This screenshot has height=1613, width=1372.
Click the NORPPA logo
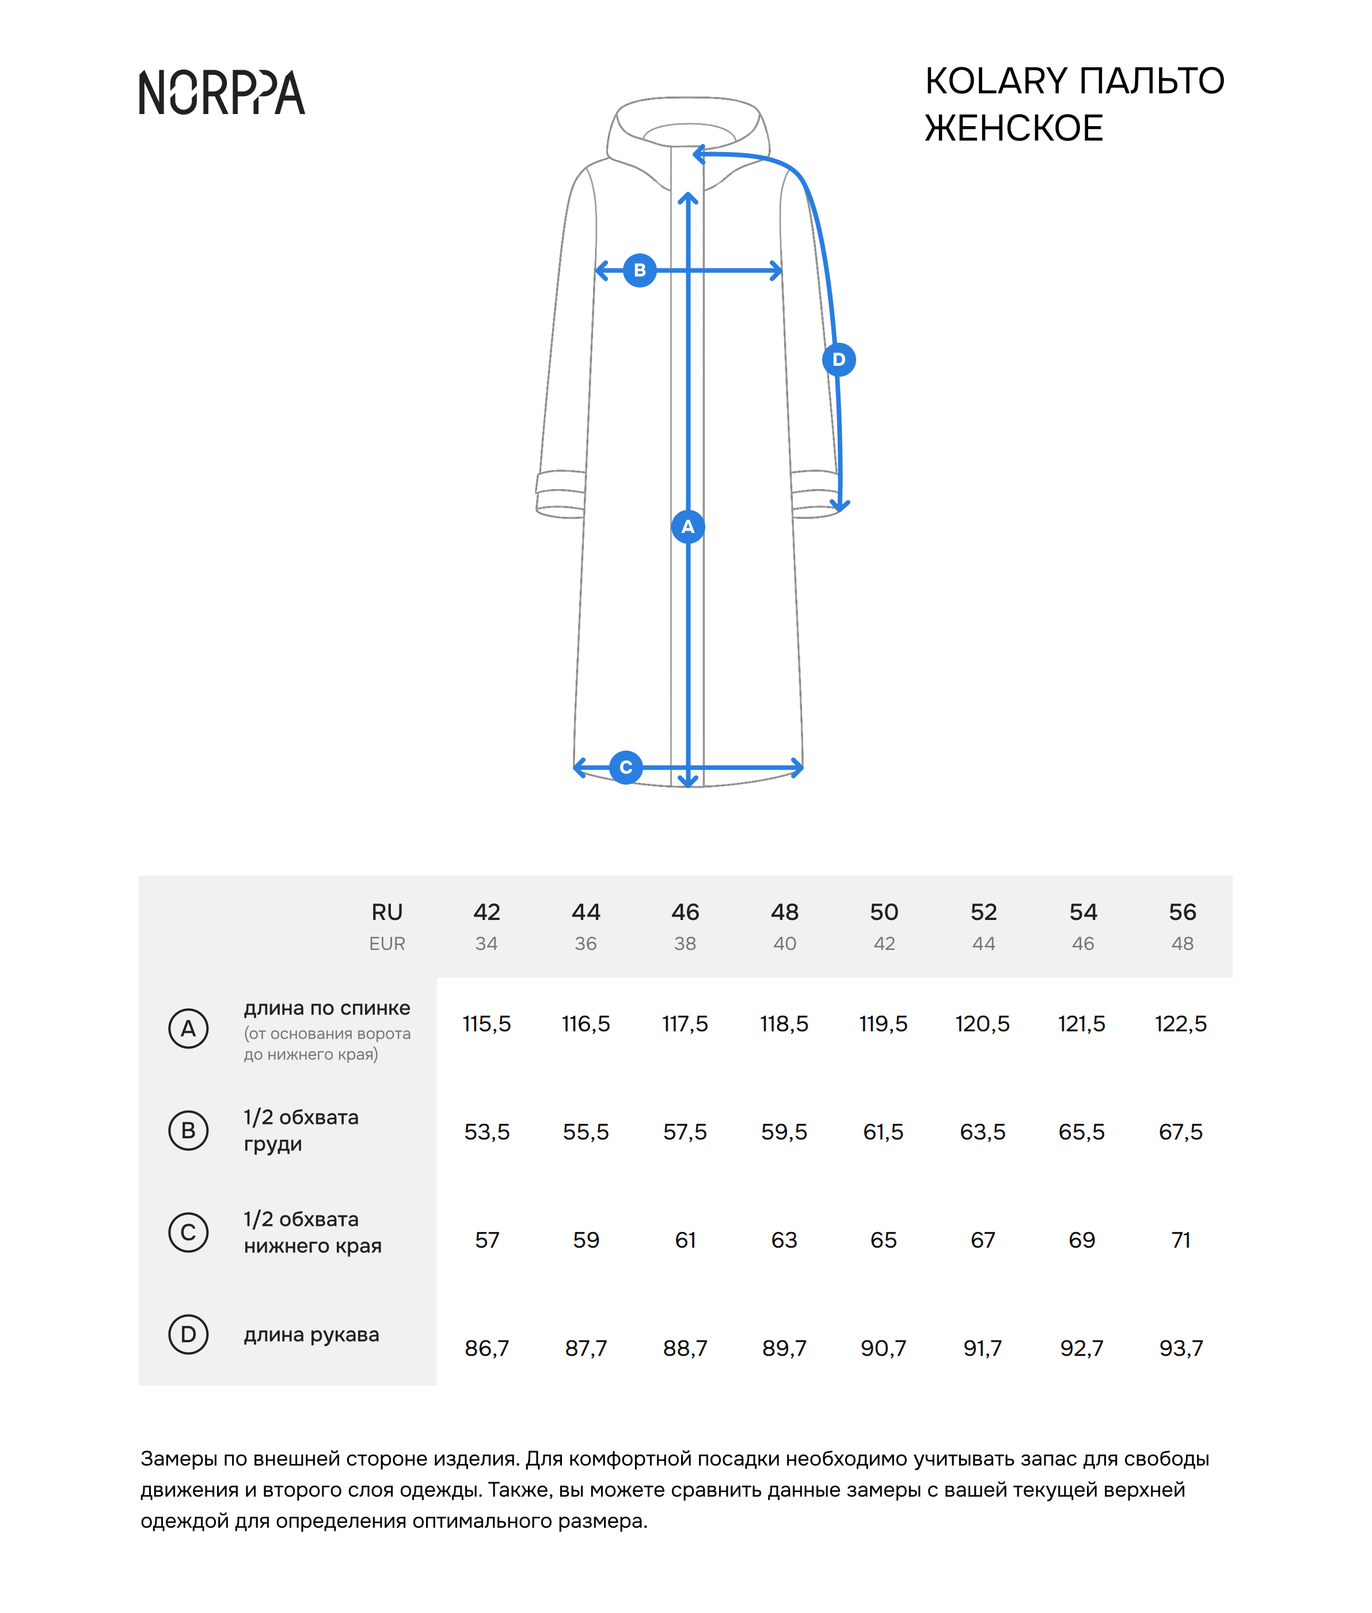pyautogui.click(x=222, y=93)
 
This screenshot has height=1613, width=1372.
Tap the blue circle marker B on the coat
pyautogui.click(x=639, y=270)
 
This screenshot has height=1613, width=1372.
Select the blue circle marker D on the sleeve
pyautogui.click(x=838, y=359)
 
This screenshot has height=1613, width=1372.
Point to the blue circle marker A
pyautogui.click(x=687, y=527)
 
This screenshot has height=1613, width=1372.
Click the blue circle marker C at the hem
pyautogui.click(x=626, y=767)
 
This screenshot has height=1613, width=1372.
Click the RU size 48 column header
pyautogui.click(x=784, y=911)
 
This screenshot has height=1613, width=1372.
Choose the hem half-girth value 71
pyautogui.click(x=1181, y=1240)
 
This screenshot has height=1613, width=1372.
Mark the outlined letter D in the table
pyautogui.click(x=188, y=1334)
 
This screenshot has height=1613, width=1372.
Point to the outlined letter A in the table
pyautogui.click(x=188, y=1029)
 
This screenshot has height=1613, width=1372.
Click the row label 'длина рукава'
pyautogui.click(x=311, y=1334)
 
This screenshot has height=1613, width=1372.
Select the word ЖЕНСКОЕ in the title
pyautogui.click(x=1013, y=128)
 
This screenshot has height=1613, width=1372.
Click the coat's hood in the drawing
pyautogui.click(x=689, y=124)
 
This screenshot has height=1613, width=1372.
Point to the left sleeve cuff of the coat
pyautogui.click(x=560, y=494)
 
